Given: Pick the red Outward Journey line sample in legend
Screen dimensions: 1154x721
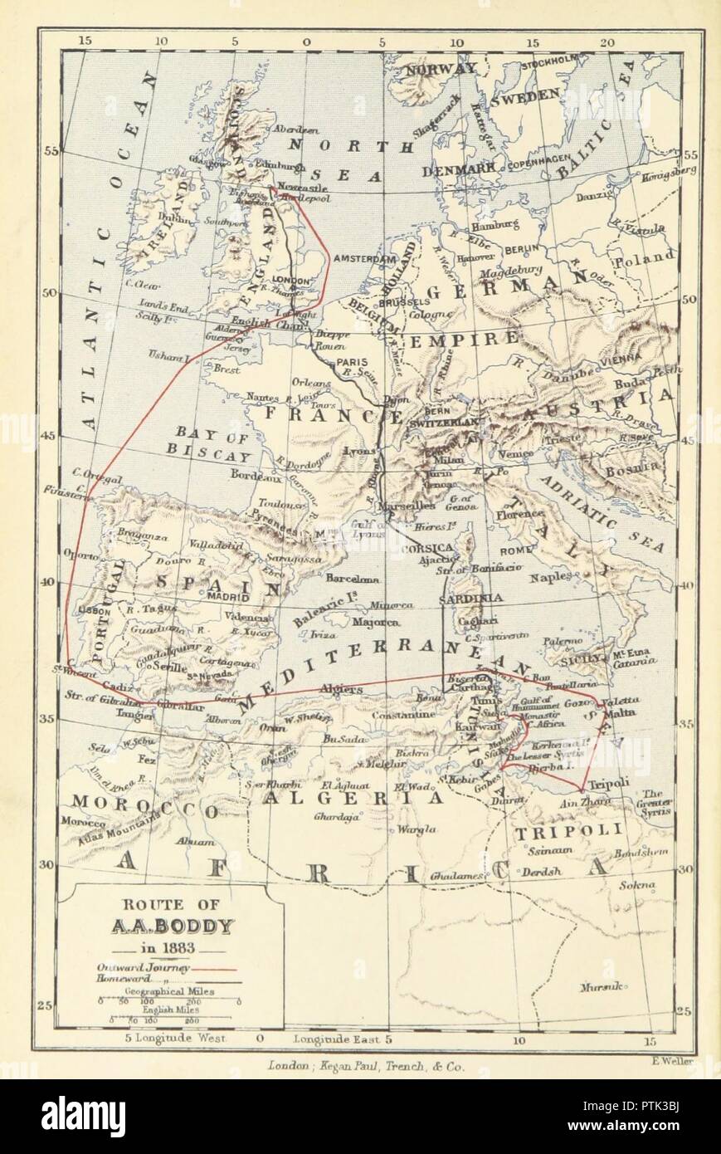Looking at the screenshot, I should click(x=215, y=968).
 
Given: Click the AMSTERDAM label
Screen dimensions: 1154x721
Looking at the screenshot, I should click(x=363, y=259).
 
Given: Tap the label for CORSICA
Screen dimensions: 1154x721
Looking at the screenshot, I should click(x=426, y=549).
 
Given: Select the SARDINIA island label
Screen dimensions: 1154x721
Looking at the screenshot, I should click(x=470, y=597).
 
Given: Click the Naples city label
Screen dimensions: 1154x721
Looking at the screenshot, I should click(x=557, y=575).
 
